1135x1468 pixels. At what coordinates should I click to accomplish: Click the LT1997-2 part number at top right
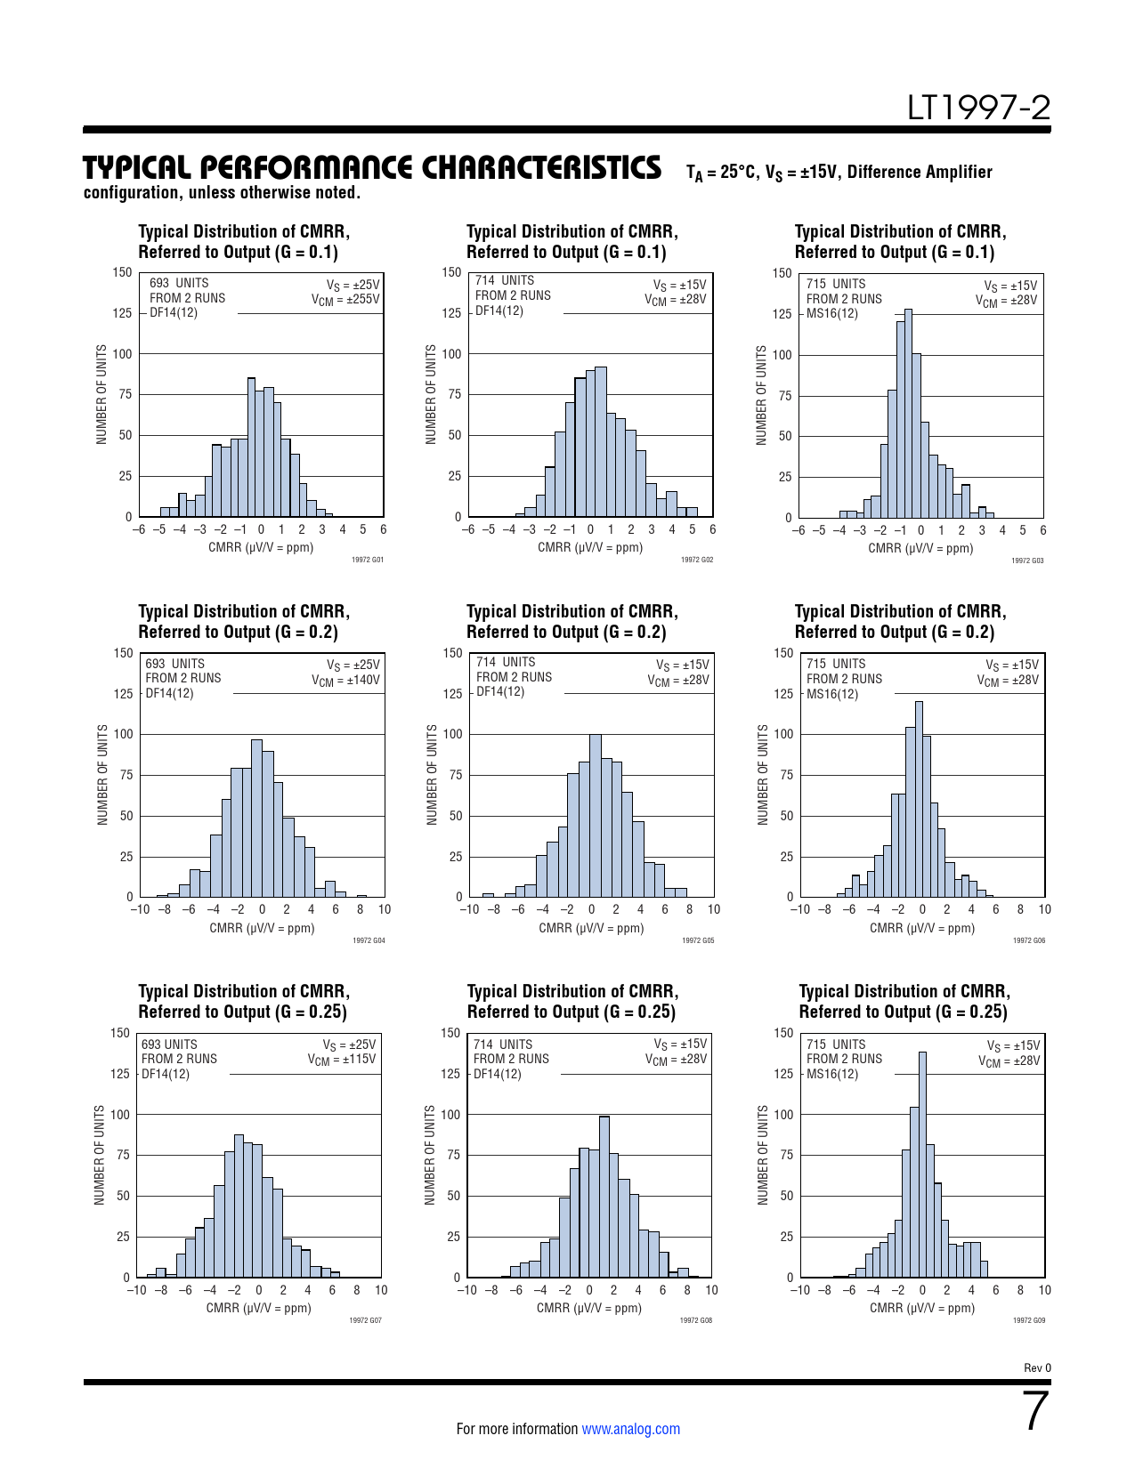point(978,109)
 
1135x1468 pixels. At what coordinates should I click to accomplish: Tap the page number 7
point(1036,1412)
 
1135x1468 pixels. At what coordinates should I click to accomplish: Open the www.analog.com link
point(630,1429)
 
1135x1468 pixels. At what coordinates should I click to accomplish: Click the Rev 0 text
point(1037,1368)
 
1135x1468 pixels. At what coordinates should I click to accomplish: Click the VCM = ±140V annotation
point(345,681)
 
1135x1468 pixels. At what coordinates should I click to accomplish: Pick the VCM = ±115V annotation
point(342,1060)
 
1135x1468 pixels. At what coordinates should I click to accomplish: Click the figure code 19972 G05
point(698,940)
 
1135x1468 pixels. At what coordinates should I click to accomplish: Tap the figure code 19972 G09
point(1028,1320)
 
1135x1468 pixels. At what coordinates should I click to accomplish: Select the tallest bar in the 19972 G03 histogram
point(908,414)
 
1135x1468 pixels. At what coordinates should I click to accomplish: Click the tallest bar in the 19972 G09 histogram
point(922,1166)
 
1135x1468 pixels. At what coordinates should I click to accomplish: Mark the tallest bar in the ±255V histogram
point(251,448)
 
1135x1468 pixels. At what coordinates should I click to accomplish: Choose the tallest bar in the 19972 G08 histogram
point(604,1197)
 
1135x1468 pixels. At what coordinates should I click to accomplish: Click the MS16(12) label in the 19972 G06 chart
point(832,694)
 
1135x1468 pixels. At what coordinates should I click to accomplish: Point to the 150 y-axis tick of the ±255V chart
point(122,272)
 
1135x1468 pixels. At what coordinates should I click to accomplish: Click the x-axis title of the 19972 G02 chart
point(590,548)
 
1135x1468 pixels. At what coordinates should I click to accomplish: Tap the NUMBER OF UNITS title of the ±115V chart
point(100,1156)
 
